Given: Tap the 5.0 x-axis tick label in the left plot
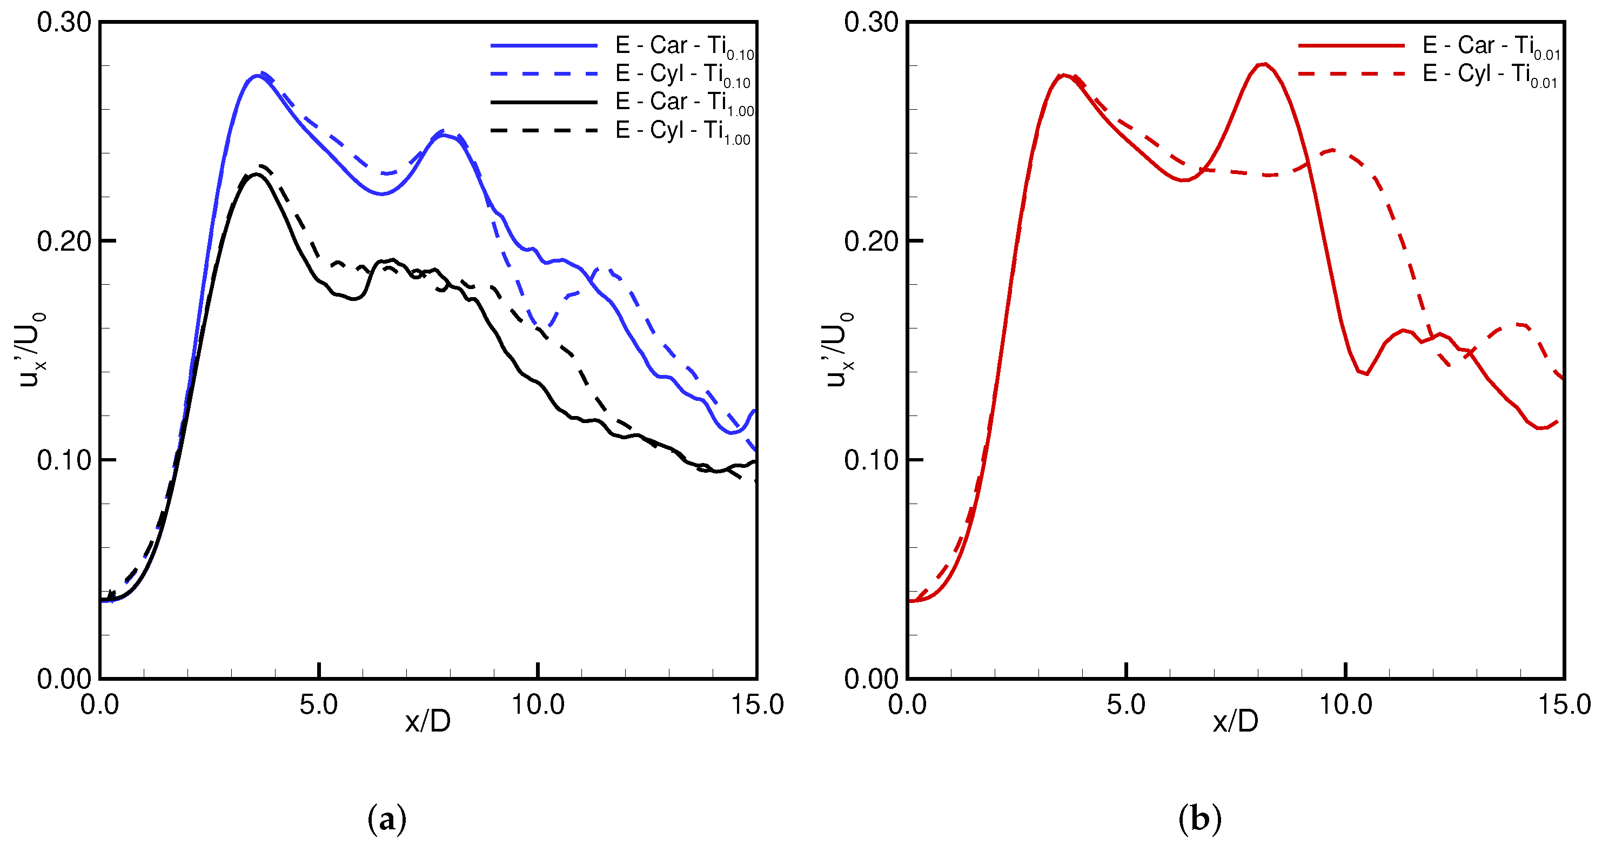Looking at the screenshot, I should point(318,705).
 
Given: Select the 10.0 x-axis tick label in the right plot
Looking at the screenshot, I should point(1345,705).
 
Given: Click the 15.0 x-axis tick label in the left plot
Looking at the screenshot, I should point(756,705).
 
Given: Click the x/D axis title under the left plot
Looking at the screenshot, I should point(427,721).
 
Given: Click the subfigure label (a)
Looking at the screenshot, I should point(387,819).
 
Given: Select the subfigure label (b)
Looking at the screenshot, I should point(1199,819).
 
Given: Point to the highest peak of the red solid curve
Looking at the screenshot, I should point(1264,64).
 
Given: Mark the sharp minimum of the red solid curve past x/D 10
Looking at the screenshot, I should point(1366,374).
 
